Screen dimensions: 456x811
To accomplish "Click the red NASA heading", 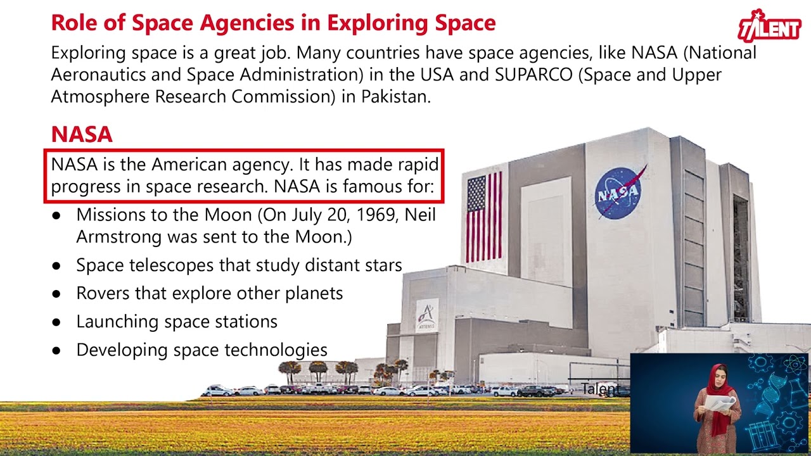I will pos(82,134).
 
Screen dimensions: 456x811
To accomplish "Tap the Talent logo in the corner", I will pos(769,27).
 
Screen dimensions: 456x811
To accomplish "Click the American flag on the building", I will pos(484,217).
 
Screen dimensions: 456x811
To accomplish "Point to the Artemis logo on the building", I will pos(426,315).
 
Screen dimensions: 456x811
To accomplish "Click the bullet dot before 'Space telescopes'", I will pos(56,265).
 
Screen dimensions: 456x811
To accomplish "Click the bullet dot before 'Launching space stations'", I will pos(56,322).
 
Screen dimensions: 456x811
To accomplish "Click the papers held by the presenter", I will pos(721,403).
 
